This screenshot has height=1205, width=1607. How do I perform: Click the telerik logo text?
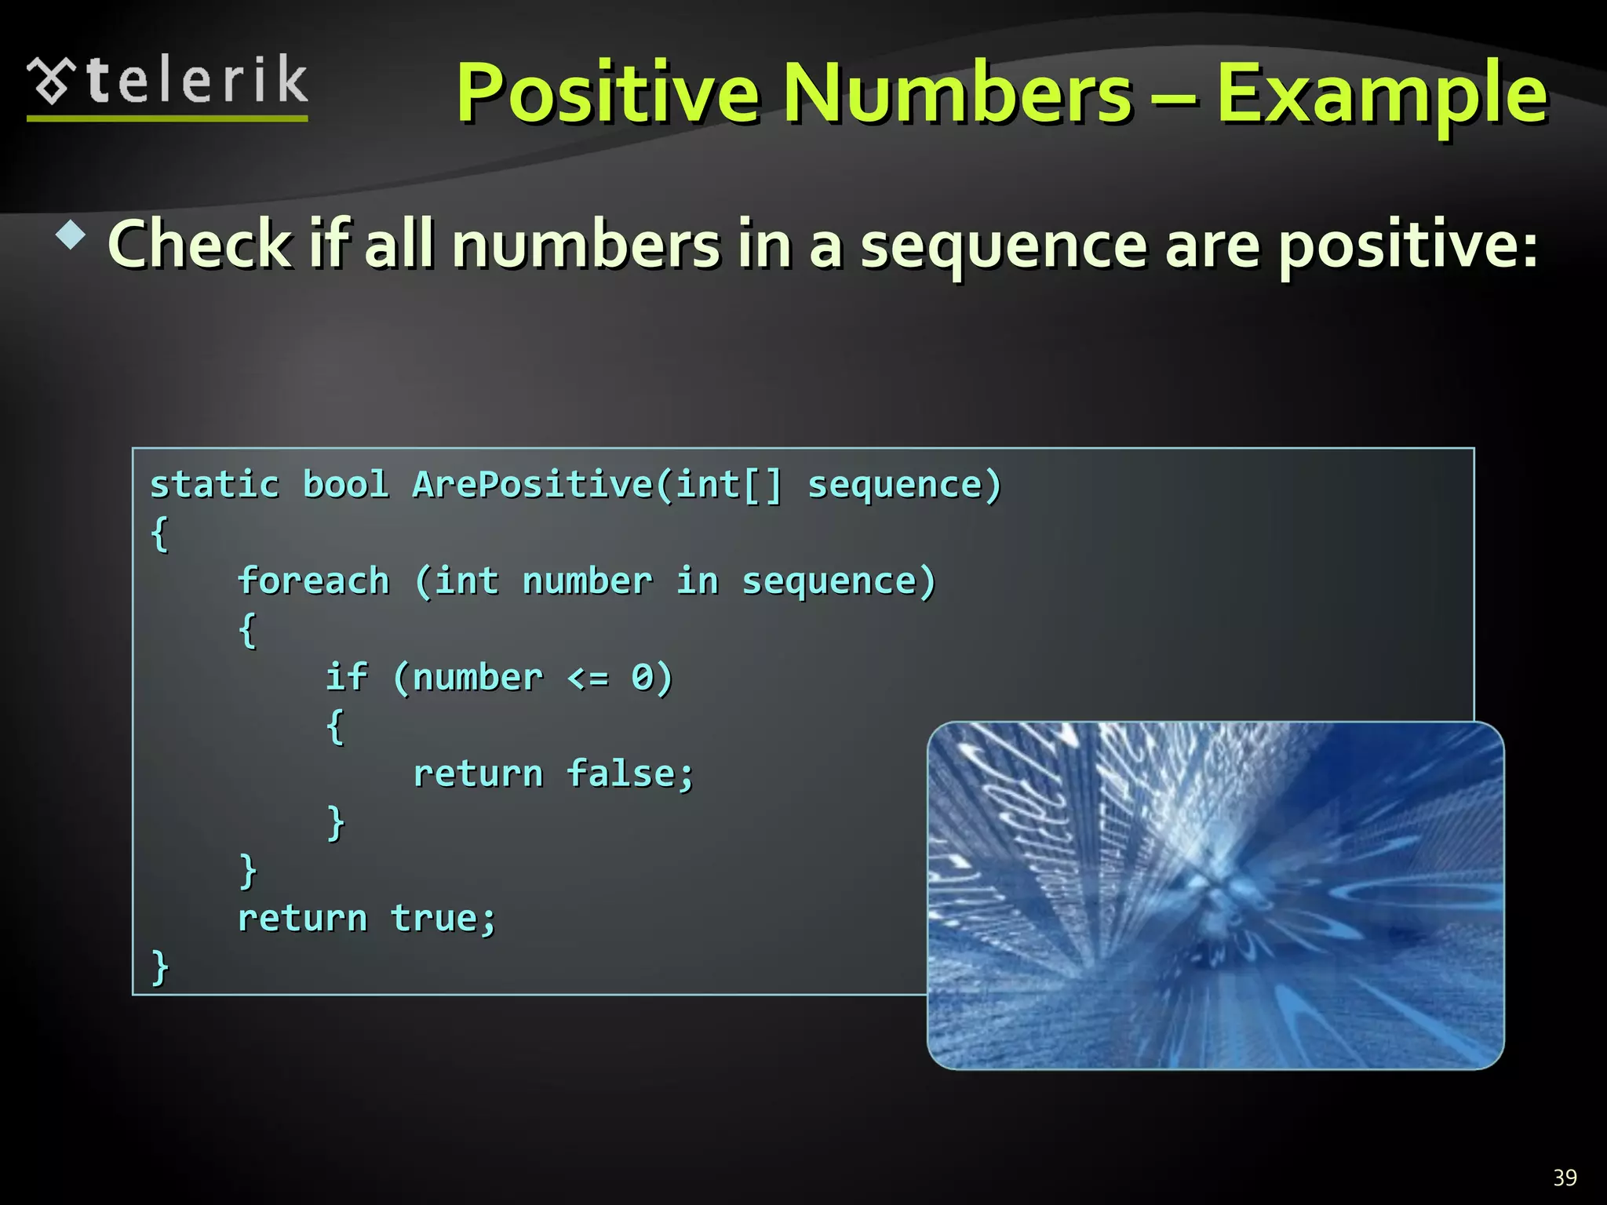(x=196, y=81)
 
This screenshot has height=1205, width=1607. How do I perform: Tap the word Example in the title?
(x=1381, y=95)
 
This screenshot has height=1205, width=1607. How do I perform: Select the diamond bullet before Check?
(x=71, y=235)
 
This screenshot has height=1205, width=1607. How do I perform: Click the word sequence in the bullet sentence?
(x=1005, y=245)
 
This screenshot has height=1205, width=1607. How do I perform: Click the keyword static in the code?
(x=214, y=485)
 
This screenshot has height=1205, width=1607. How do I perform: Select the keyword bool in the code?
(x=345, y=485)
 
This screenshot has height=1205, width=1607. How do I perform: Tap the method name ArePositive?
(x=533, y=485)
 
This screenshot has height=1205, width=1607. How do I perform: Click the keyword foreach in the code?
(x=313, y=581)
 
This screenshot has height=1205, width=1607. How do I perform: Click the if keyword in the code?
(x=346, y=677)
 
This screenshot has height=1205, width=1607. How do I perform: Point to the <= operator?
(x=588, y=678)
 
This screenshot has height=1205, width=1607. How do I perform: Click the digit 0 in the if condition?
(x=642, y=677)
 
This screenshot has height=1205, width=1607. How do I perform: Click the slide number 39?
(x=1565, y=1178)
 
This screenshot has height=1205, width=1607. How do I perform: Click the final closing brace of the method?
(x=160, y=967)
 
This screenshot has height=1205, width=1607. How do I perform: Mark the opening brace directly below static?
(x=159, y=534)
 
